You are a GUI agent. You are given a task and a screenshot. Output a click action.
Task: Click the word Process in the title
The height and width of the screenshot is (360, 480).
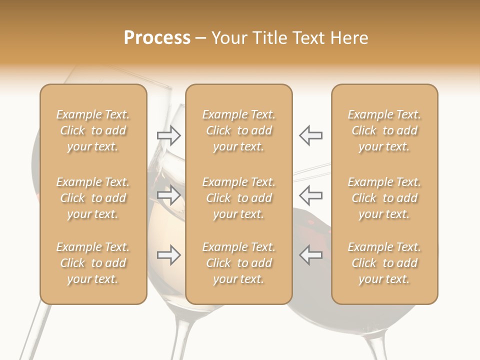pyautogui.click(x=157, y=38)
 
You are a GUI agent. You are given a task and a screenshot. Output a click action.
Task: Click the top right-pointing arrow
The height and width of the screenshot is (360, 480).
pyautogui.click(x=168, y=135)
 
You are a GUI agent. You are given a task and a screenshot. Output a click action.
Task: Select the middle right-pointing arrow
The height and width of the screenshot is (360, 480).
pyautogui.click(x=168, y=195)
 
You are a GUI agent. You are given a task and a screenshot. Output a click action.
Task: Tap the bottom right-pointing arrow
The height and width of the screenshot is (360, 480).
pyautogui.click(x=168, y=255)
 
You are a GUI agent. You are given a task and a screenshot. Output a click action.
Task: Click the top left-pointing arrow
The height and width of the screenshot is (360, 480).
pyautogui.click(x=310, y=135)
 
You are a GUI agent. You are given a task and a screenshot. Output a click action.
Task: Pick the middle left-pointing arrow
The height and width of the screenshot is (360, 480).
pyautogui.click(x=310, y=195)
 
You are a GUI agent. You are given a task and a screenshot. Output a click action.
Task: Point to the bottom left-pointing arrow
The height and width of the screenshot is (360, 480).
pyautogui.click(x=310, y=255)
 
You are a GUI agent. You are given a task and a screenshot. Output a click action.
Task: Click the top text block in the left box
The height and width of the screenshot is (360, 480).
pyautogui.click(x=93, y=130)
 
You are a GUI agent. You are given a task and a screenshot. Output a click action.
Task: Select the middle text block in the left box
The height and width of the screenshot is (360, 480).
pyautogui.click(x=93, y=198)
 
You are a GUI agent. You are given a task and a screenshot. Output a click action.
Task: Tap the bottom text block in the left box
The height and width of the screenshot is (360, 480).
pyautogui.click(x=93, y=263)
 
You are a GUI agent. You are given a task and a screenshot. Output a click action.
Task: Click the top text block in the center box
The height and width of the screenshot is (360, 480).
pyautogui.click(x=238, y=130)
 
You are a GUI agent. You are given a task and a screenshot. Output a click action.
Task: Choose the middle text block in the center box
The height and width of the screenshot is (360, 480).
pyautogui.click(x=238, y=198)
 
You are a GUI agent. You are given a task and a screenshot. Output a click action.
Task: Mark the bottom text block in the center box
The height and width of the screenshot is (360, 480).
pyautogui.click(x=238, y=263)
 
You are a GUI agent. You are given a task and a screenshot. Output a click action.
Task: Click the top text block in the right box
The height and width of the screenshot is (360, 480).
pyautogui.click(x=384, y=130)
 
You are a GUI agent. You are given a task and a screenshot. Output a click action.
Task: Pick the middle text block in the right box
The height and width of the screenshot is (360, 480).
pyautogui.click(x=384, y=198)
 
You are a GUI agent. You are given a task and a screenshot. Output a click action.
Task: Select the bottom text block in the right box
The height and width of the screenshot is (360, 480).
pyautogui.click(x=384, y=263)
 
